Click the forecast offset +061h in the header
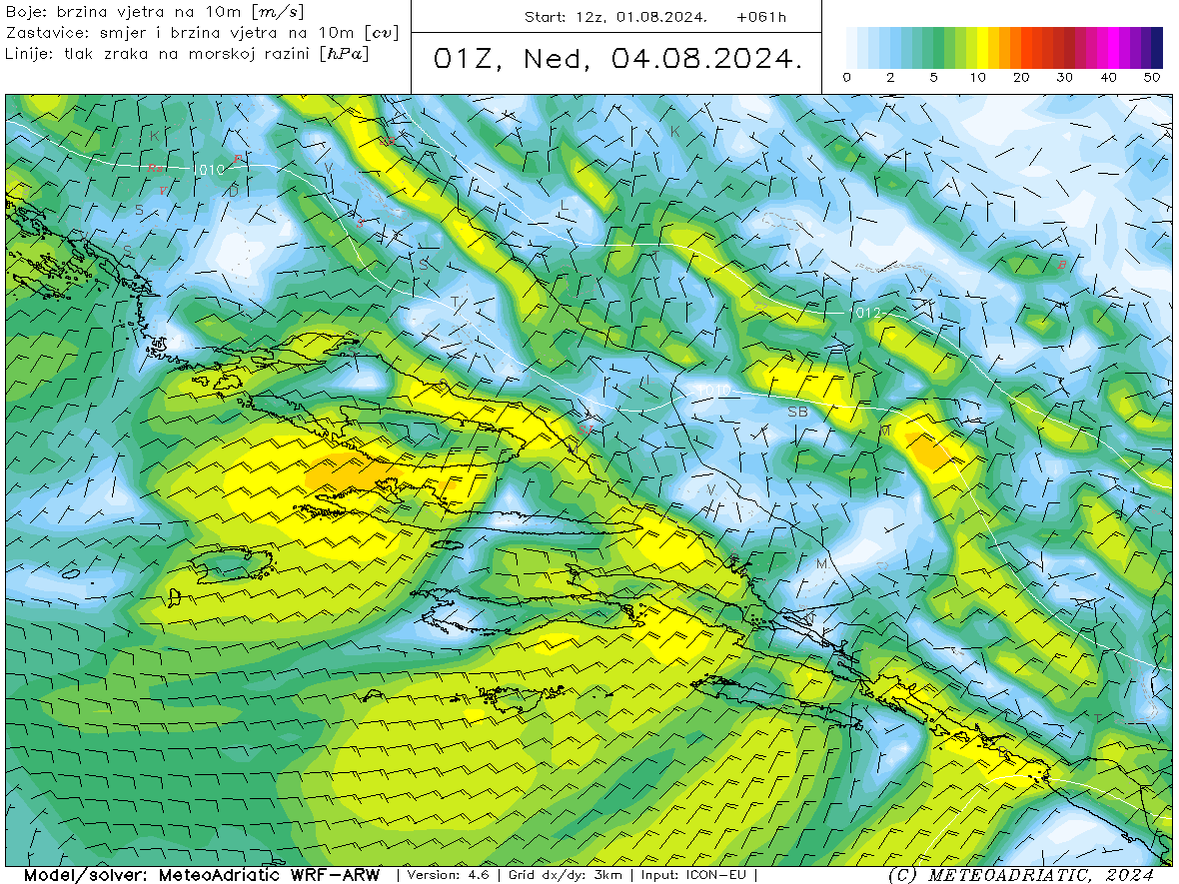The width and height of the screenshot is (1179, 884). tap(761, 17)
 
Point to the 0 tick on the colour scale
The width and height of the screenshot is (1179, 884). tap(847, 77)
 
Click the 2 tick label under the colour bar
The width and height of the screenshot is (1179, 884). tap(890, 77)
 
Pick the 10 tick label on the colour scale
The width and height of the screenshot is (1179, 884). tap(977, 77)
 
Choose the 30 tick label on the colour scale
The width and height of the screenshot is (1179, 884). tap(1064, 77)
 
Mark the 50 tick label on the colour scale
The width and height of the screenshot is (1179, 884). tap(1152, 77)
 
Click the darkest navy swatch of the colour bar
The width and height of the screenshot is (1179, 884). tap(1157, 47)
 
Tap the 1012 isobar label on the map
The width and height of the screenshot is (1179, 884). tap(868, 314)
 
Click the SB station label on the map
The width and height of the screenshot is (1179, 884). tap(797, 412)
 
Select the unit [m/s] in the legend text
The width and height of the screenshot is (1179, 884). tap(281, 12)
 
